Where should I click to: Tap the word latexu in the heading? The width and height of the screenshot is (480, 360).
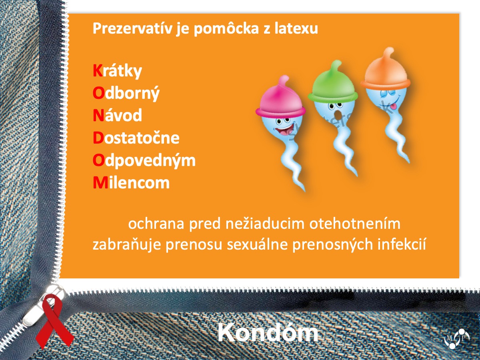(x=296, y=28)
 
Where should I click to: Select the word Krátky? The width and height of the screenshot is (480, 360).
(x=118, y=71)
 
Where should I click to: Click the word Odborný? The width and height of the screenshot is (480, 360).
(x=126, y=94)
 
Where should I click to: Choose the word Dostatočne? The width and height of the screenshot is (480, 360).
(x=136, y=138)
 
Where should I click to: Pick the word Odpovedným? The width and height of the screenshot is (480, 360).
(x=144, y=161)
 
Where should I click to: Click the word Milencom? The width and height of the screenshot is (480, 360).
(x=131, y=183)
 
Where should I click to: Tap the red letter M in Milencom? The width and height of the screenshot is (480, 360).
(x=100, y=183)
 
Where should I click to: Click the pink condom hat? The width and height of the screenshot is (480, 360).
(x=280, y=98)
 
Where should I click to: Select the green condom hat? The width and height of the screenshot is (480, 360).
(x=333, y=84)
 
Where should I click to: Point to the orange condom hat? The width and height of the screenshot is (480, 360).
(x=385, y=70)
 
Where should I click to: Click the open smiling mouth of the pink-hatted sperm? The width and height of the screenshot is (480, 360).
(x=284, y=130)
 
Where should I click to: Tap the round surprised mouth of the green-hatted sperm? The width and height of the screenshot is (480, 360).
(x=338, y=114)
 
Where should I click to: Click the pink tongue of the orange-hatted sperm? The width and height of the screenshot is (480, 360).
(x=394, y=107)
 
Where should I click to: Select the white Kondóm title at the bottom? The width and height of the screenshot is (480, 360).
(x=268, y=333)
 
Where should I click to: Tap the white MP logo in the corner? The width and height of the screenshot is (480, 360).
(x=457, y=338)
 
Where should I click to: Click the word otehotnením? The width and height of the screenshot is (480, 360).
(x=355, y=224)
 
